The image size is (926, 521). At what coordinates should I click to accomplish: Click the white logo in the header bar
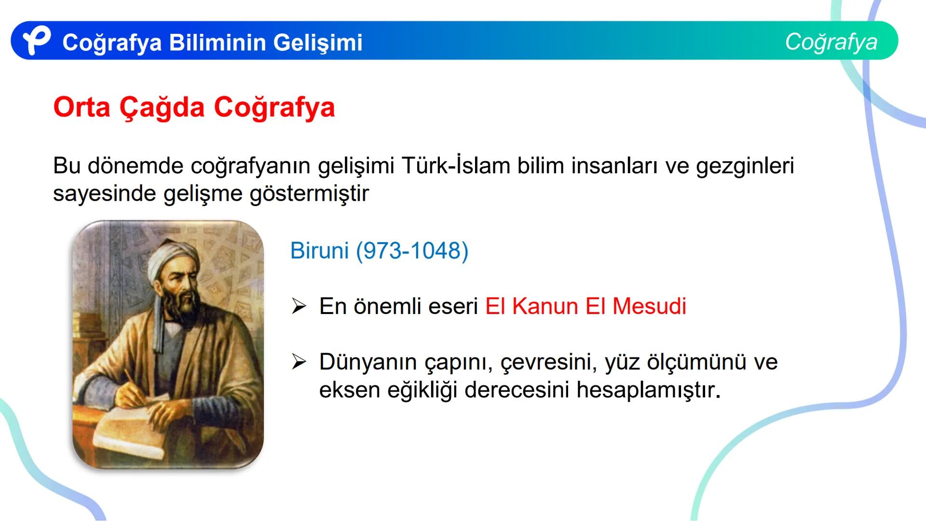pos(37,41)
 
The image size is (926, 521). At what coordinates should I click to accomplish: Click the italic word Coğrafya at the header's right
pos(831,41)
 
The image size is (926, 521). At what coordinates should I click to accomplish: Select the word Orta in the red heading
pos(82,107)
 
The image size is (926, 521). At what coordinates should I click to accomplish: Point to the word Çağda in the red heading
pos(162,108)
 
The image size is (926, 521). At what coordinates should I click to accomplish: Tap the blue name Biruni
pos(319,250)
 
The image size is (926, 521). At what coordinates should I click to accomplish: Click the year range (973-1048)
pos(412,251)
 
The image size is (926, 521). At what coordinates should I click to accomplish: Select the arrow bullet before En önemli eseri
pos(299,306)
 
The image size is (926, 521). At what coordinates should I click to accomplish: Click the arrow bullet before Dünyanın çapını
pos(299,362)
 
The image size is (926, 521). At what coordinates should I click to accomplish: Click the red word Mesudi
pos(649,306)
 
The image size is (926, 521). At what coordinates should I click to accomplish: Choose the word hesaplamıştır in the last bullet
pos(648,390)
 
